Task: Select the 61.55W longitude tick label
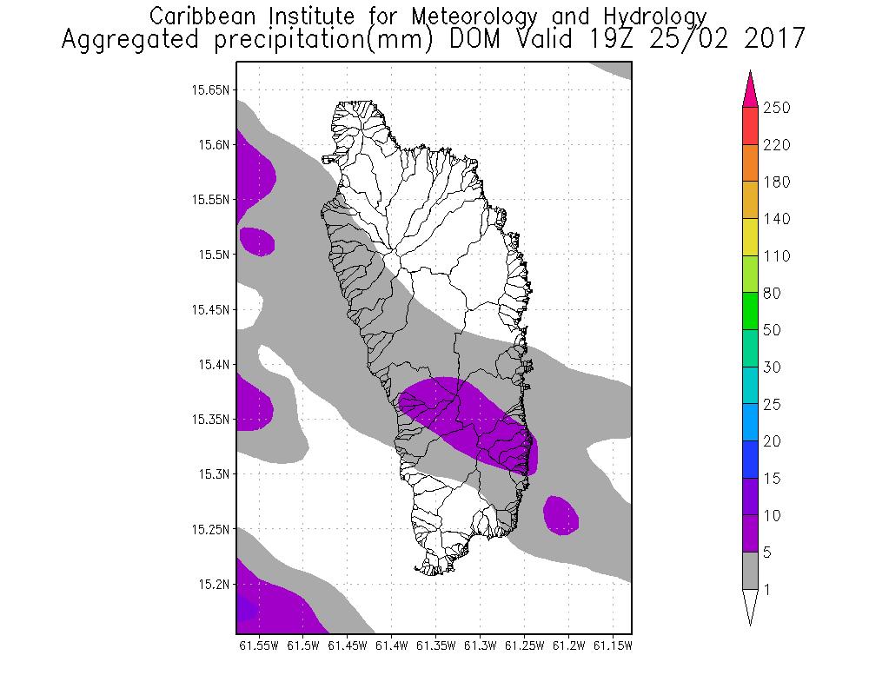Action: [258, 645]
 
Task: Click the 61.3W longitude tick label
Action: [481, 645]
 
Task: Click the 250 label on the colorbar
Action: [776, 109]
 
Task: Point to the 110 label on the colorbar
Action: [776, 256]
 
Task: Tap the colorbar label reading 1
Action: [766, 590]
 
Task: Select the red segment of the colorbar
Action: [751, 127]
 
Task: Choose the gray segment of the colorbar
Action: [751, 571]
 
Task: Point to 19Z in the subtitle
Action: [594, 40]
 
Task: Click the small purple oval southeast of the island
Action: [561, 514]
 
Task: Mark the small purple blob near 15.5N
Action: [257, 241]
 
